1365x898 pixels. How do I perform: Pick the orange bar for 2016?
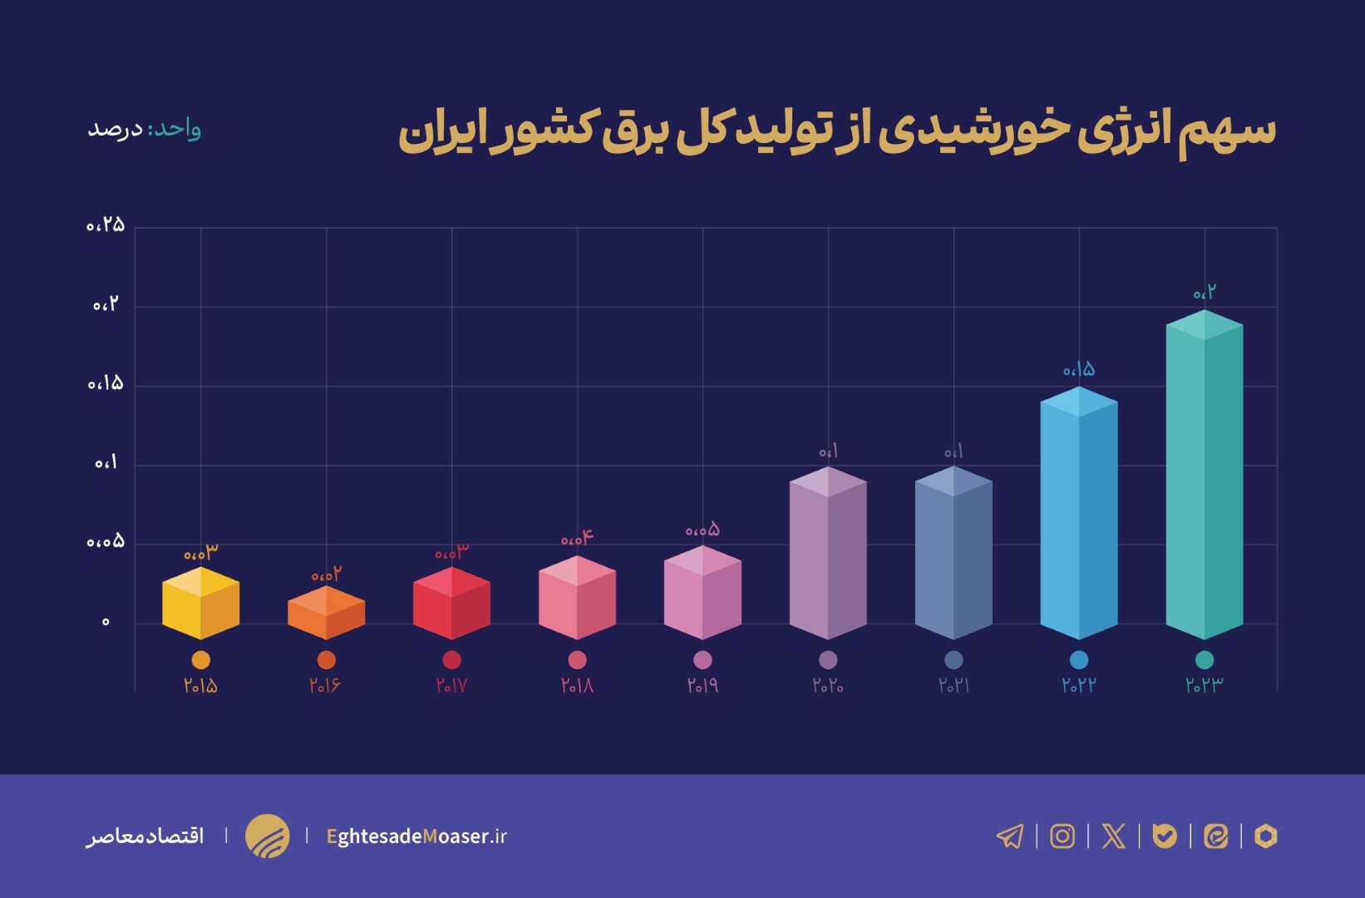pyautogui.click(x=326, y=613)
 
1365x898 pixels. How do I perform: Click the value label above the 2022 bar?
pyautogui.click(x=1078, y=369)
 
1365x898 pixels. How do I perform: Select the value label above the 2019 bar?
pyautogui.click(x=702, y=530)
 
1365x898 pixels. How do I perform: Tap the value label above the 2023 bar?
pyautogui.click(x=1204, y=293)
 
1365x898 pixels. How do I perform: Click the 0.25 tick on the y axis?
pyautogui.click(x=106, y=225)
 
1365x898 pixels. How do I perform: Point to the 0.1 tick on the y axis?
pyautogui.click(x=106, y=463)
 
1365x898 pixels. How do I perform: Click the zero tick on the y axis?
pyautogui.click(x=106, y=622)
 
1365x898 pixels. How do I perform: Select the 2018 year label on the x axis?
pyautogui.click(x=577, y=686)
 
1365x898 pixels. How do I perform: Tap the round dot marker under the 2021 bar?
pyautogui.click(x=954, y=659)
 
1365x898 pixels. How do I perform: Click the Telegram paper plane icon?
pyautogui.click(x=1010, y=836)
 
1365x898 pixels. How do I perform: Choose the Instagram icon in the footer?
pyautogui.click(x=1062, y=836)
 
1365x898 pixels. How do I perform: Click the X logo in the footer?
pyautogui.click(x=1113, y=836)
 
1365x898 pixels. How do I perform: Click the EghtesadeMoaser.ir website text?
pyautogui.click(x=416, y=836)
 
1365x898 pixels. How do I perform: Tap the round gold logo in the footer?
pyautogui.click(x=267, y=836)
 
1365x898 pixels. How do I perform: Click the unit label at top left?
pyautogui.click(x=144, y=130)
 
